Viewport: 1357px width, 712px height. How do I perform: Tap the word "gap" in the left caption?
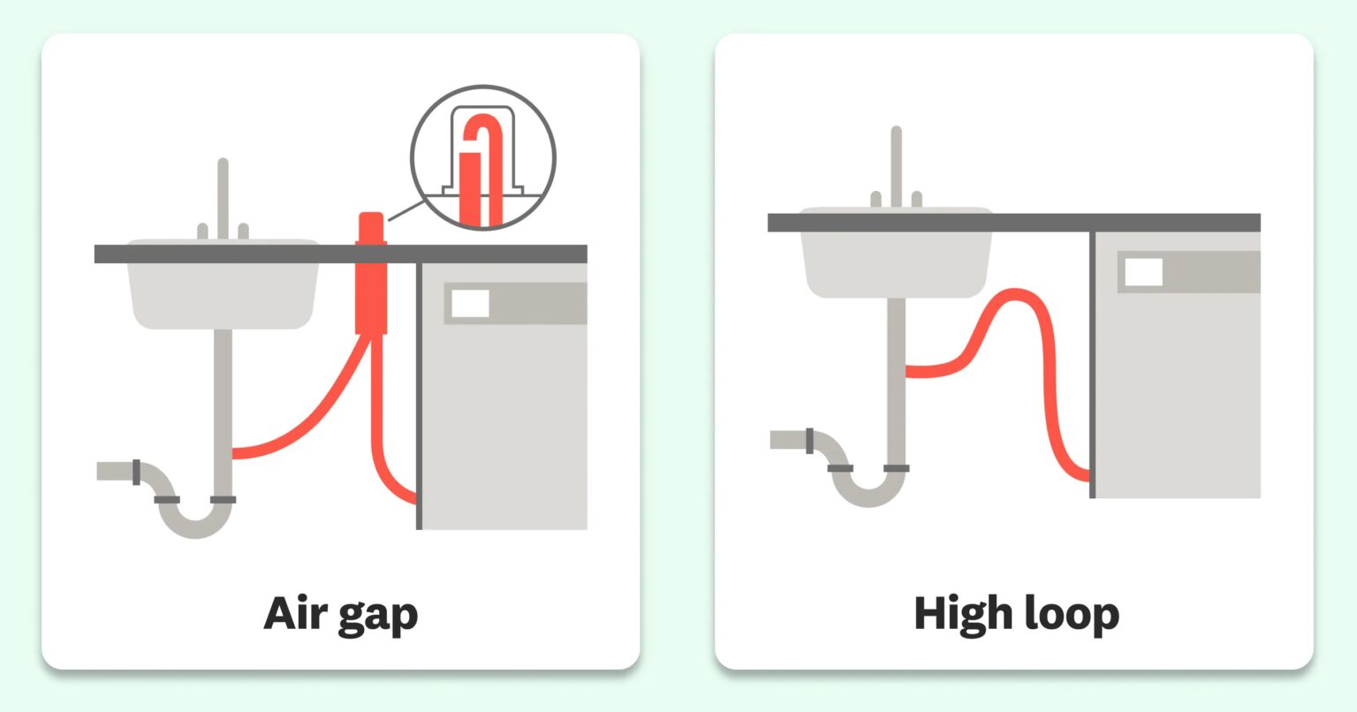click(x=377, y=617)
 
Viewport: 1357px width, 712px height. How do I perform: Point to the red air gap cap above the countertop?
click(x=371, y=228)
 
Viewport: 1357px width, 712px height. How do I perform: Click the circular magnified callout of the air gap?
click(x=483, y=157)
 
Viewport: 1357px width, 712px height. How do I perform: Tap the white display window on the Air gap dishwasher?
click(x=470, y=303)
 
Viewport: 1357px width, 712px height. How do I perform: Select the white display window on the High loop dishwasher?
click(x=1144, y=271)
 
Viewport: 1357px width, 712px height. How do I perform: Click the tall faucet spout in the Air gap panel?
click(x=223, y=199)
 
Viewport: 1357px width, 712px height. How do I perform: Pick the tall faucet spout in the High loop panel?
click(x=897, y=167)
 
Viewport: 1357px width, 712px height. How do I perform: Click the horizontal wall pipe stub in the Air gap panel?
click(x=118, y=471)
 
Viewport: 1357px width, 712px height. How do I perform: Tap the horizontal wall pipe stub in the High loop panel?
click(x=792, y=439)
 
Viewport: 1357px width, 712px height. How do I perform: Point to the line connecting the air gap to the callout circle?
click(x=406, y=210)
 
